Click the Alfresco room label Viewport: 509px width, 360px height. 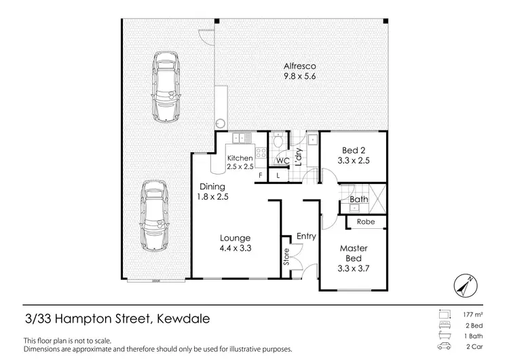pos(300,67)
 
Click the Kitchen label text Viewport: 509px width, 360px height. pos(240,158)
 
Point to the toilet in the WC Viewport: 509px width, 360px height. pos(277,143)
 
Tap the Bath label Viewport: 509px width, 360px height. pos(358,200)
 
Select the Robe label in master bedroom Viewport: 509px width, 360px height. pos(366,221)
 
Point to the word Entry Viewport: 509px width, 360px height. pos(306,236)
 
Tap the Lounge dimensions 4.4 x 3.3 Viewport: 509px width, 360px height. pos(235,249)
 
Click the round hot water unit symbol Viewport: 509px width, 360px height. pos(221,124)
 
